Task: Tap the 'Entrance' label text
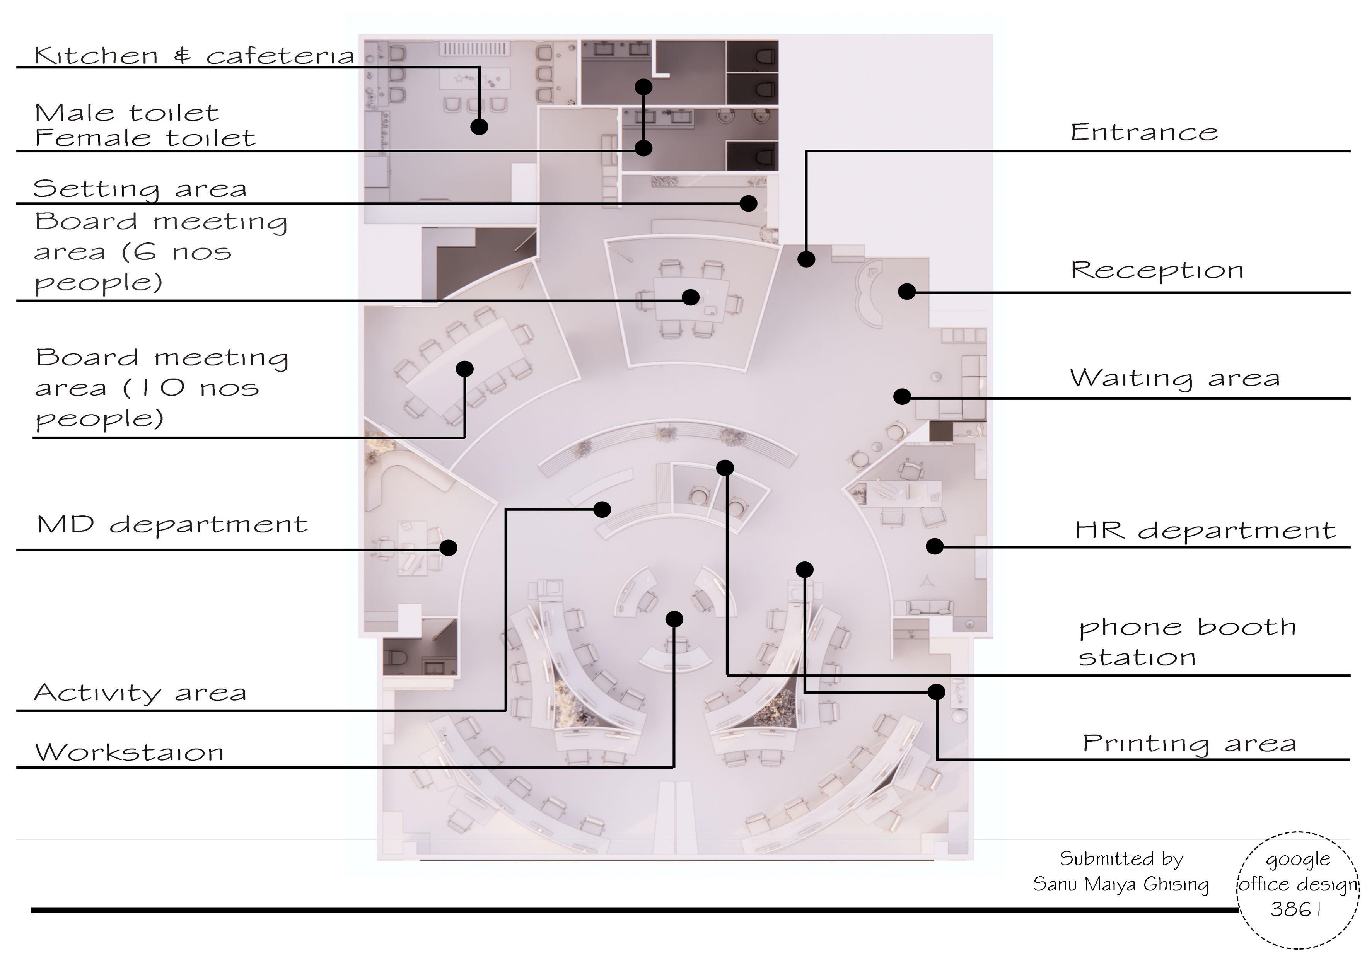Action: pos(1144,132)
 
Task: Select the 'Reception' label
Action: pos(1157,270)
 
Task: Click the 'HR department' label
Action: pos(1205,530)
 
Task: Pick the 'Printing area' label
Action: pos(1189,744)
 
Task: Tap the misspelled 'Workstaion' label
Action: pos(129,752)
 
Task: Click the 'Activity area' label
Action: pos(140,693)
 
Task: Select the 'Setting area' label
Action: pos(140,189)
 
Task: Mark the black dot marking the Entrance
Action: pos(806,259)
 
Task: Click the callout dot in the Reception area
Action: pos(906,291)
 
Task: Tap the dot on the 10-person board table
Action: pos(464,368)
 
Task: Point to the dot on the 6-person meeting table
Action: pos(690,297)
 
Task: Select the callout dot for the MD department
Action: pos(448,548)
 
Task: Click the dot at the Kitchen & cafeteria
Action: pos(479,126)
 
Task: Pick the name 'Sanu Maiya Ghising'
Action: pos(1121,884)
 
